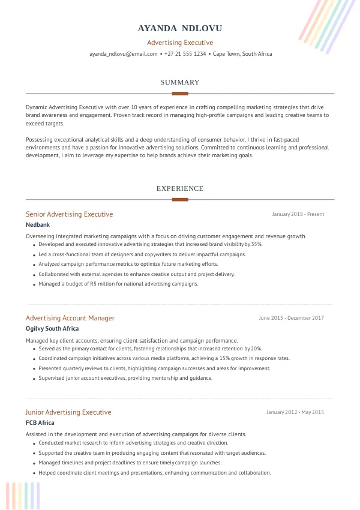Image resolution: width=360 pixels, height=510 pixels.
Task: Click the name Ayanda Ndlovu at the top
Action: pos(180,28)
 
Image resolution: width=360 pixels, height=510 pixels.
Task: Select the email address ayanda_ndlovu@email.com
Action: pos(123,54)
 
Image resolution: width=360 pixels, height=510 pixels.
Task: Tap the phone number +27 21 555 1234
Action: pos(186,54)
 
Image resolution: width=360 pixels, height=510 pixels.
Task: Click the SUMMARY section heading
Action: pos(180,82)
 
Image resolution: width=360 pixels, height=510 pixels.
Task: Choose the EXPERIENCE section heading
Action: pos(180,188)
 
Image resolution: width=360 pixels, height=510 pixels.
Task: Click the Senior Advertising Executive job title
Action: pos(69,214)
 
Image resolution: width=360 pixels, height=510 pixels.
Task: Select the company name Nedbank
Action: pos(38,225)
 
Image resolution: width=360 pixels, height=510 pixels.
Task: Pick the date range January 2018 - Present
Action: pos(298,214)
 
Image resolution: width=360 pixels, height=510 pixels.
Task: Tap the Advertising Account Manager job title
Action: pos(70,318)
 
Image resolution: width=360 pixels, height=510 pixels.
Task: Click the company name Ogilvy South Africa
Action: pos(52,329)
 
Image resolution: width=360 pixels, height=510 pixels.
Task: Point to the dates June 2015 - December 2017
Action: pos(291,318)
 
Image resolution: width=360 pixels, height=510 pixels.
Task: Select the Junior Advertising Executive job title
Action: pos(68,412)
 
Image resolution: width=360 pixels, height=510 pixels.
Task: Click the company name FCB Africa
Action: pos(40,423)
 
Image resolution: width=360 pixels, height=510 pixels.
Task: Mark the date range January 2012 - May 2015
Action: pos(295,412)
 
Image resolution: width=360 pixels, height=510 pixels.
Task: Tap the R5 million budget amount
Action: pos(103,284)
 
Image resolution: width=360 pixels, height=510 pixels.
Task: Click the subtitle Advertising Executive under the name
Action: pos(180,43)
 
